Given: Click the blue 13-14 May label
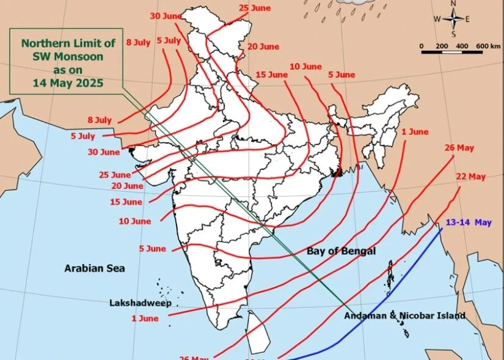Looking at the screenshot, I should [x=469, y=222].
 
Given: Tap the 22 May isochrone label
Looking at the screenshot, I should [x=471, y=177].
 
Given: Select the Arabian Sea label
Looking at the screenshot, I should [x=95, y=268].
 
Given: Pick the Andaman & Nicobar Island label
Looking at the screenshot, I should [x=404, y=316].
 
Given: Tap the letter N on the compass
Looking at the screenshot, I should [x=453, y=3].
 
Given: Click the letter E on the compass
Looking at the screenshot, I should [x=468, y=19].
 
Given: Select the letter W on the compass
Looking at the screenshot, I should [x=437, y=19].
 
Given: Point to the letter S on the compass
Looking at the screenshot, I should [x=453, y=34].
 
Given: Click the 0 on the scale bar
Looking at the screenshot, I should [x=422, y=46].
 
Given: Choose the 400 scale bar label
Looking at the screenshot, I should [x=462, y=46].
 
